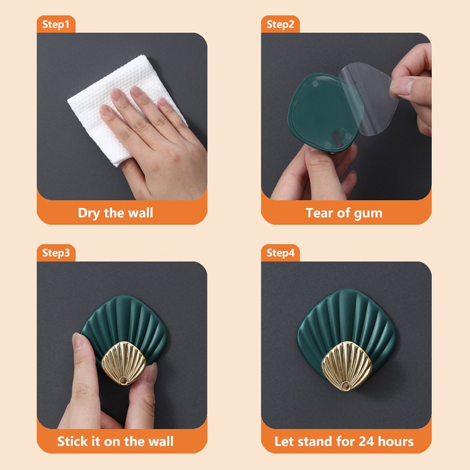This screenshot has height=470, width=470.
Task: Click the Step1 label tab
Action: click(56, 25)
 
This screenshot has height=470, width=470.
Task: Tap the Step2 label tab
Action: click(280, 25)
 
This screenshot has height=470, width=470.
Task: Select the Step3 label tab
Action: click(56, 253)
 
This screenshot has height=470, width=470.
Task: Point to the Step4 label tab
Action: click(280, 253)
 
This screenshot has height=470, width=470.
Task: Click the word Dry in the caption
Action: click(89, 213)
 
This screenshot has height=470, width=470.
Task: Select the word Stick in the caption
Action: click(73, 441)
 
